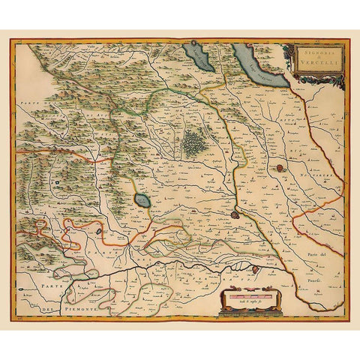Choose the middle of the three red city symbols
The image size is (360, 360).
pos(235,214)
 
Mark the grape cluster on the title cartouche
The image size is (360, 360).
pos(286,52)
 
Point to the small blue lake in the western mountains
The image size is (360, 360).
pos(56,181)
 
